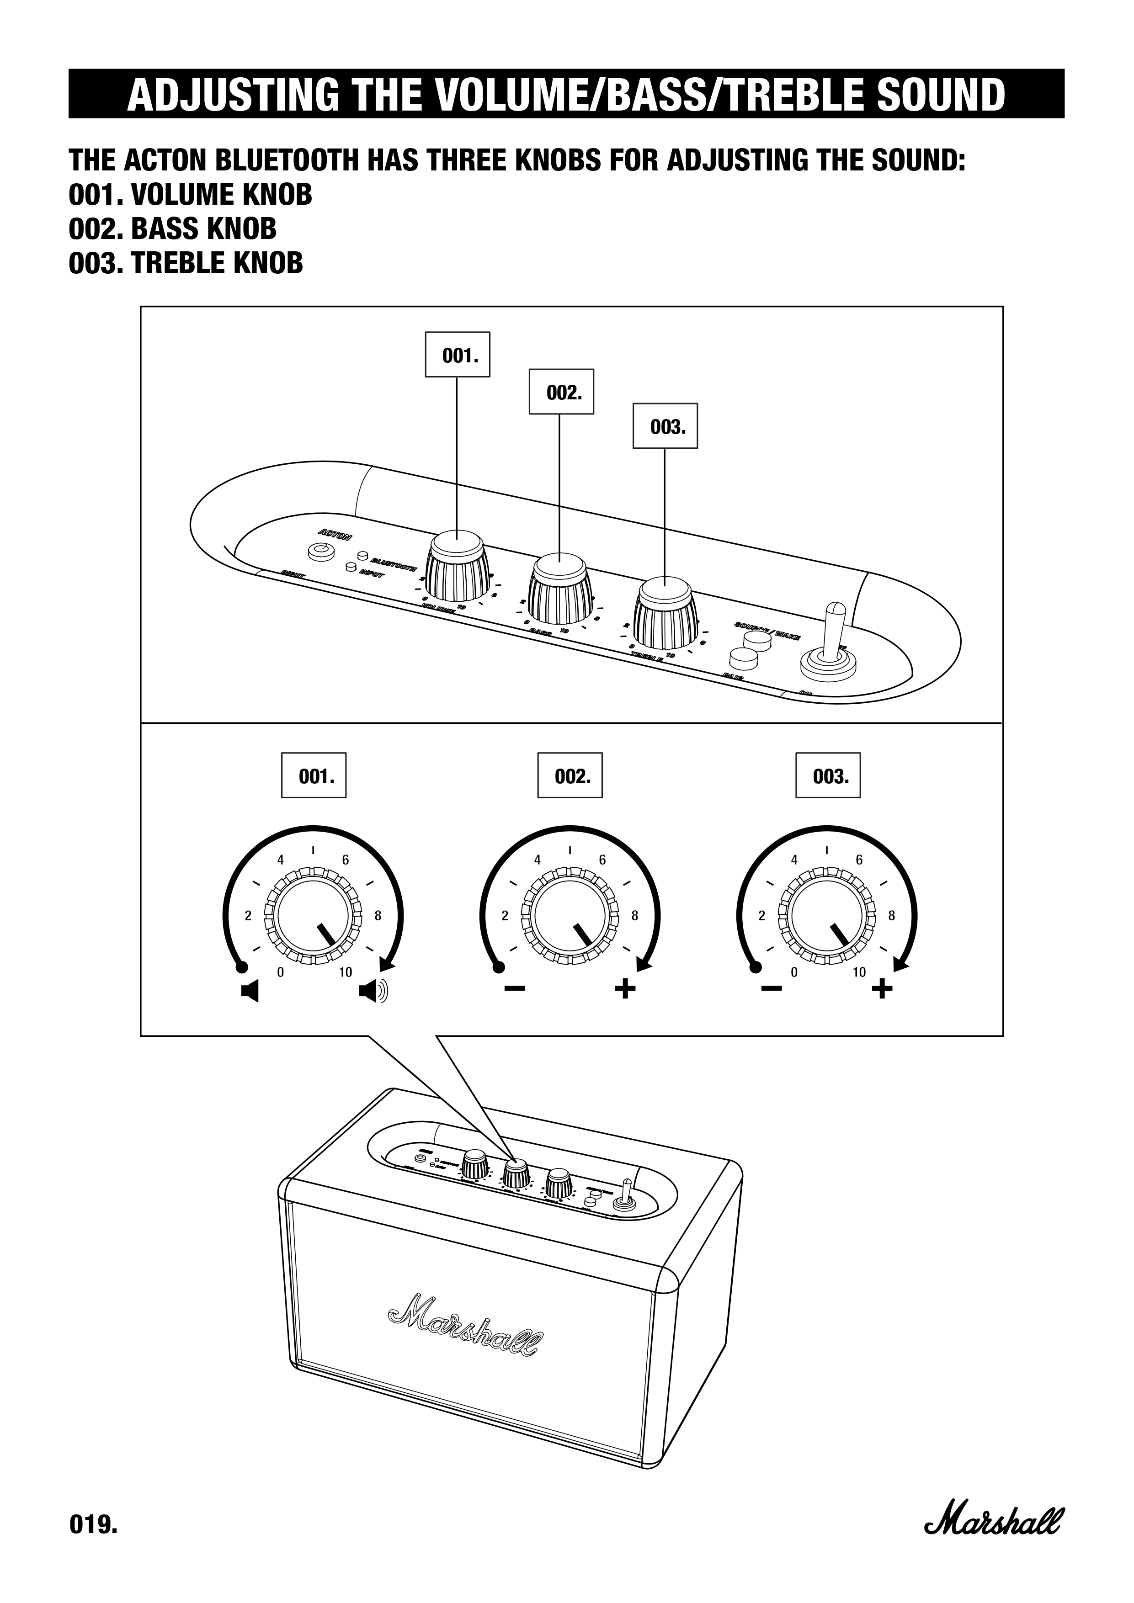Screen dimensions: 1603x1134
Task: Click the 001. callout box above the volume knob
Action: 458,355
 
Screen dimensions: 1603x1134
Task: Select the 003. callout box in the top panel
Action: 665,426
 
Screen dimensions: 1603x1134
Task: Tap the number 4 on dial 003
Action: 794,860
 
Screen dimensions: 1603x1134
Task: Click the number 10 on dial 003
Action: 859,972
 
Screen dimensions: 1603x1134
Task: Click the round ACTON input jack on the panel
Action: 320,551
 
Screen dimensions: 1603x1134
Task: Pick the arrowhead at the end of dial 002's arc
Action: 644,966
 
